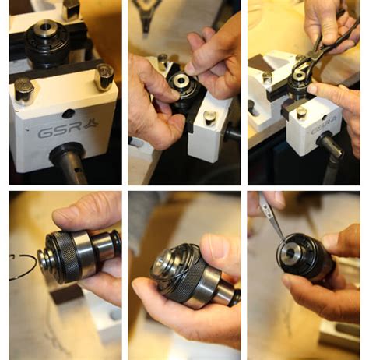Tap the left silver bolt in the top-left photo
coord(24,90)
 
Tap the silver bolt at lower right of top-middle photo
coord(209,118)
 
